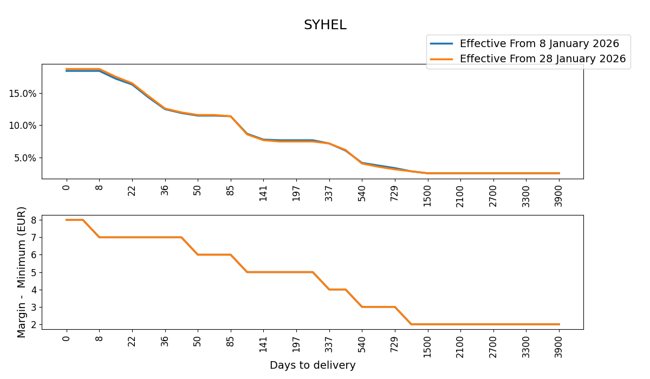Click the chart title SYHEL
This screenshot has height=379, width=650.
pos(324,25)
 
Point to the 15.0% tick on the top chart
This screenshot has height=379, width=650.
pos(22,93)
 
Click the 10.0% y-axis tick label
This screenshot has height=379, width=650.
pos(22,126)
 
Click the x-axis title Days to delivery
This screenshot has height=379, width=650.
pos(313,365)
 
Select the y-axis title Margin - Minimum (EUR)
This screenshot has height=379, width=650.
pos(22,272)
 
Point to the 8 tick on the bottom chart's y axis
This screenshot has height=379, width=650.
pos(33,220)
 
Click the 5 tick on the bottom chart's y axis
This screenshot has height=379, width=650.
pos(33,272)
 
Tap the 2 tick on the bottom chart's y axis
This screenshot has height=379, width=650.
pos(33,325)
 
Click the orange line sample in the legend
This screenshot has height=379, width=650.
pos(441,59)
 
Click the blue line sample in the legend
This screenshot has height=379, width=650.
pos(441,44)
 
